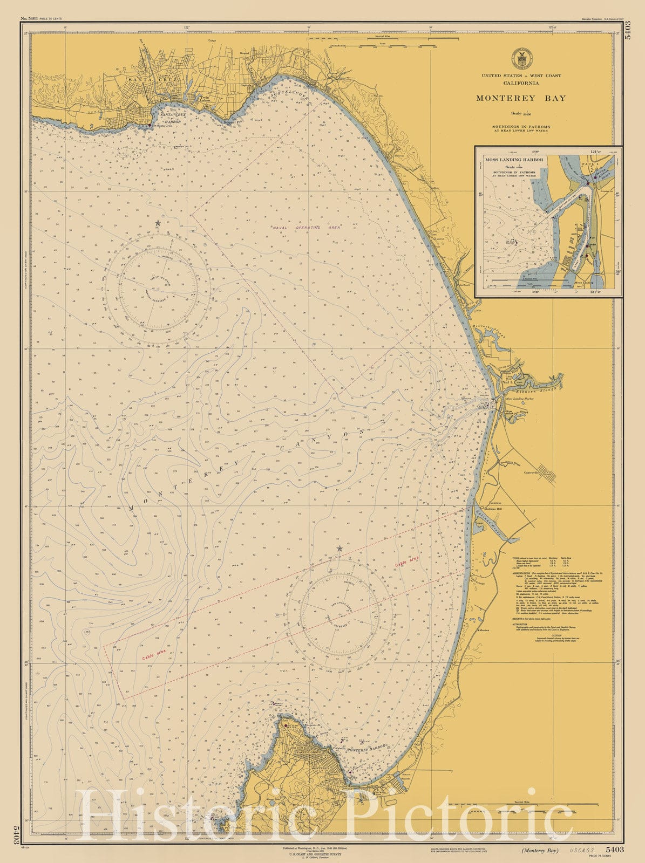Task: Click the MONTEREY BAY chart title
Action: [521, 98]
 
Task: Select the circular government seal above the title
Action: [521, 58]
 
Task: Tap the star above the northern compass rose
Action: [158, 223]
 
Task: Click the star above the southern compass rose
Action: [340, 549]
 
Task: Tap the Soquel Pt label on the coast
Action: [232, 121]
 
